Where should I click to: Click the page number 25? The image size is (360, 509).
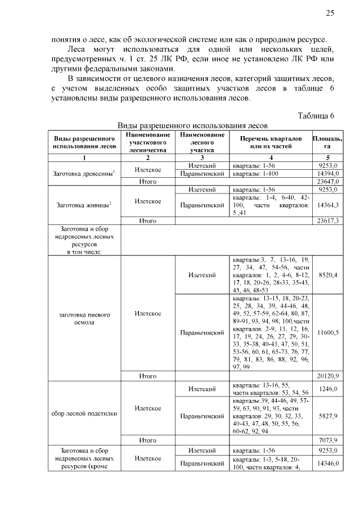(330, 13)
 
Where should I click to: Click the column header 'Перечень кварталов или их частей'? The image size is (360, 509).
(271, 142)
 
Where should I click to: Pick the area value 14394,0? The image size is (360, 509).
(327, 174)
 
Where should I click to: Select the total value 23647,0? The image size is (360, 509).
(327, 182)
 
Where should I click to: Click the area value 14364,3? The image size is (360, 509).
(327, 206)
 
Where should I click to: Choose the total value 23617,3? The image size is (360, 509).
(327, 221)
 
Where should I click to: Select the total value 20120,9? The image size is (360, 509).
(327, 375)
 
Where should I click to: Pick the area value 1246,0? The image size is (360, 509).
(327, 388)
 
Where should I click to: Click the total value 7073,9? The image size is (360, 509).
(327, 440)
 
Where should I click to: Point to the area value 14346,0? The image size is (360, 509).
(327, 463)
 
